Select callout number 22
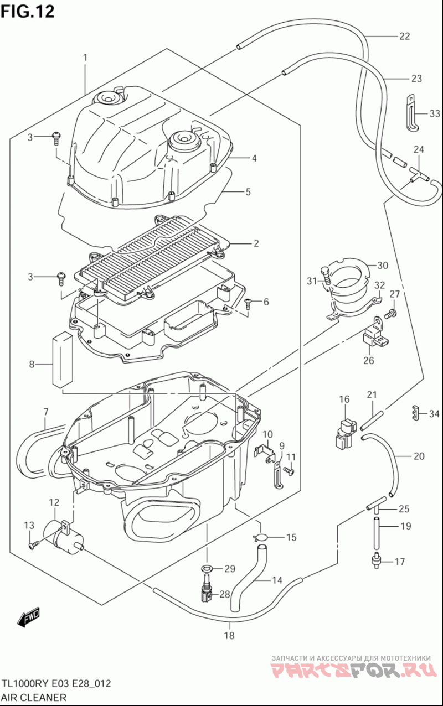(404, 37)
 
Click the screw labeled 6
(248, 303)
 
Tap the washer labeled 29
(207, 569)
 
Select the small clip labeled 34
(417, 412)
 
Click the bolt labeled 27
(390, 313)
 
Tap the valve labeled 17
(376, 562)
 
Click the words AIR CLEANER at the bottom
(34, 697)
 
